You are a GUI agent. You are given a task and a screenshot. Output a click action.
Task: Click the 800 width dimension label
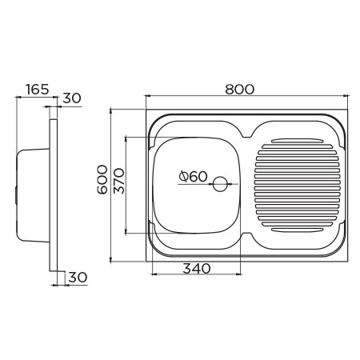click(x=240, y=90)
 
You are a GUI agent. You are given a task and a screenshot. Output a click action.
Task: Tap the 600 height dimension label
click(x=102, y=179)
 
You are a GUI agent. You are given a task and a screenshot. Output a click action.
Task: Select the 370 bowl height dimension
click(x=119, y=181)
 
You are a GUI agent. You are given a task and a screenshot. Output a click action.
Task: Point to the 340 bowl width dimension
click(x=197, y=269)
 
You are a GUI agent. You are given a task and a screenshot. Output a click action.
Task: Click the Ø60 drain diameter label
click(x=193, y=176)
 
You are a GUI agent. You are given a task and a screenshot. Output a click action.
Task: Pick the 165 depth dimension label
click(x=38, y=90)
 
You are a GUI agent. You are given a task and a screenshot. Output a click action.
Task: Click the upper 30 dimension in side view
click(x=72, y=98)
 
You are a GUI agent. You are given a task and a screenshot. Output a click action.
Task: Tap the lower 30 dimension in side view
click(x=78, y=278)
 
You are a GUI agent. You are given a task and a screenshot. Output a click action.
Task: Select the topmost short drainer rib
click(x=298, y=141)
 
